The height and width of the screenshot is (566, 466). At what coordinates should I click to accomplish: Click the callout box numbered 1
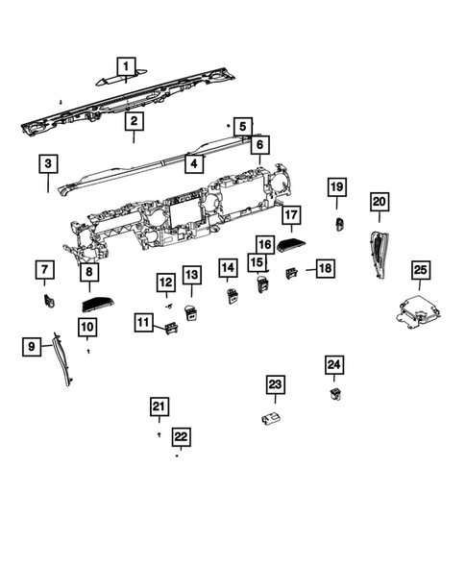[x=124, y=63]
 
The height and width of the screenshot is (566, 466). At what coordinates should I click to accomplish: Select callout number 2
[x=134, y=121]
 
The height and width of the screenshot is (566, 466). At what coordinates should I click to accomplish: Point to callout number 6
[x=258, y=144]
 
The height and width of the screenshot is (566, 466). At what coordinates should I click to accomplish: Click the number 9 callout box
[x=31, y=345]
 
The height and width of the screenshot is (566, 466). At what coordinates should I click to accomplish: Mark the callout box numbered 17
[x=291, y=215]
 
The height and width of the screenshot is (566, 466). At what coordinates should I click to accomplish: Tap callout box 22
[x=180, y=436]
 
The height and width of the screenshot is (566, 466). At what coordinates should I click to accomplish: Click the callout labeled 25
[x=420, y=270]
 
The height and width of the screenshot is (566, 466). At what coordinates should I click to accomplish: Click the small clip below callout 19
[x=338, y=226]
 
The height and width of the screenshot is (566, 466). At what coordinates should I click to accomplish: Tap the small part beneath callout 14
[x=231, y=296]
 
